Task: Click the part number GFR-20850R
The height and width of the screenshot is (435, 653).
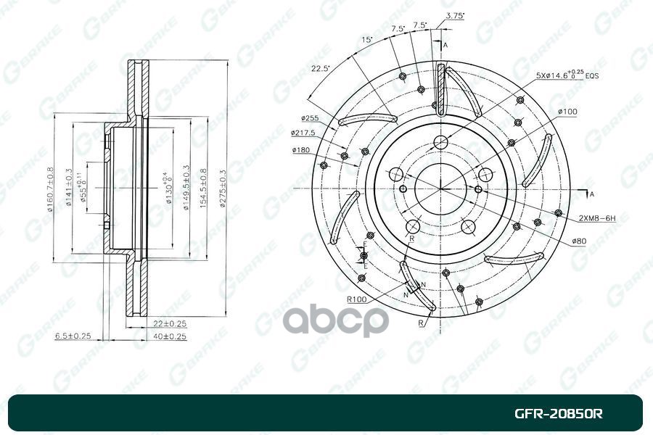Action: pos(559,414)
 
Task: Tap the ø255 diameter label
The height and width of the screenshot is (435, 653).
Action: pos(310,117)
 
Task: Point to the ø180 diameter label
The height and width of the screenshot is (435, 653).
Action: pos(302,150)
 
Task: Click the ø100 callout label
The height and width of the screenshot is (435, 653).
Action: pos(567,112)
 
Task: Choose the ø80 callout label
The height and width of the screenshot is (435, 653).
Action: pos(578,241)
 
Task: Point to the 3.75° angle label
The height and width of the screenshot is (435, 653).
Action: pos(455,15)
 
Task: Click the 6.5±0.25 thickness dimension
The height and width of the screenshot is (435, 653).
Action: pos(72,336)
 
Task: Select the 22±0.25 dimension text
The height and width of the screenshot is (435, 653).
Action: pos(170,323)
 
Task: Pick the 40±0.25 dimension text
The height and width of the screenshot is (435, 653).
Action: pos(170,336)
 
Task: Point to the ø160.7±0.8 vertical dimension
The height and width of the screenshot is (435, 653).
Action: pos(51,188)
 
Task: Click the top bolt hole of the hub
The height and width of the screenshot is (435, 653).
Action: pos(440,143)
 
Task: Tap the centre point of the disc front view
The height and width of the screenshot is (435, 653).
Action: pos(440,188)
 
